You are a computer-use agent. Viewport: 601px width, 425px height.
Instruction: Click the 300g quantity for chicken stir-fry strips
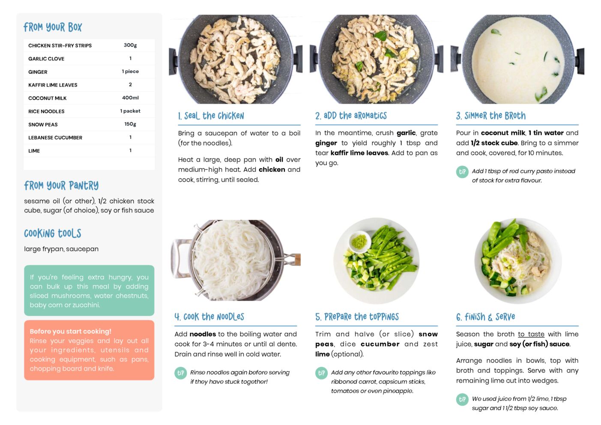coord(130,45)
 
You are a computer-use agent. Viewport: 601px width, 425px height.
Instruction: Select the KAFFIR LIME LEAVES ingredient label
coord(53,85)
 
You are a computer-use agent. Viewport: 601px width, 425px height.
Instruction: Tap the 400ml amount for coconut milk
coord(130,98)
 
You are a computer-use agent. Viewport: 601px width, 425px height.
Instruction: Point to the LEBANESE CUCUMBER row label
coord(55,138)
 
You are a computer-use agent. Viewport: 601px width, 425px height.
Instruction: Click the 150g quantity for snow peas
coord(130,124)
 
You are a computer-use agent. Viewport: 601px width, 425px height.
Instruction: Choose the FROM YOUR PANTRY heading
coord(61,186)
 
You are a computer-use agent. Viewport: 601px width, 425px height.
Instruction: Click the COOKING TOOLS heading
coord(53,233)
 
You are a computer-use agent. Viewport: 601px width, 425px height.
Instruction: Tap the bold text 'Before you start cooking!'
coord(70,331)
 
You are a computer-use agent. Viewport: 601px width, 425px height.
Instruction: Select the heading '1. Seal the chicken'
coord(211,116)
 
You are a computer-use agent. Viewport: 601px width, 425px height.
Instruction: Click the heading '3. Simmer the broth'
coord(491,116)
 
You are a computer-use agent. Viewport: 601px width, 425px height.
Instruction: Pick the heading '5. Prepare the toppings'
coord(357,317)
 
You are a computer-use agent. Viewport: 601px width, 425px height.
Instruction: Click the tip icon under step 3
coord(462,172)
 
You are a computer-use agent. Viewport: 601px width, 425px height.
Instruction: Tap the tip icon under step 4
coord(181,373)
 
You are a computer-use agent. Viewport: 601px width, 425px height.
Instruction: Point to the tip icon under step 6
coord(462,400)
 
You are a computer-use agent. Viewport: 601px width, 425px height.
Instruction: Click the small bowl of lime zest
coord(360,242)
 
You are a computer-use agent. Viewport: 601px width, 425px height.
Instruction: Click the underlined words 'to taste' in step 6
coord(531,334)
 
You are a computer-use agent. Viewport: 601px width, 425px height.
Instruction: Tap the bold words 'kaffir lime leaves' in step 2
coord(359,153)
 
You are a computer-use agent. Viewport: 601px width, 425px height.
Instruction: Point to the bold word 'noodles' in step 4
coord(203,334)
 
